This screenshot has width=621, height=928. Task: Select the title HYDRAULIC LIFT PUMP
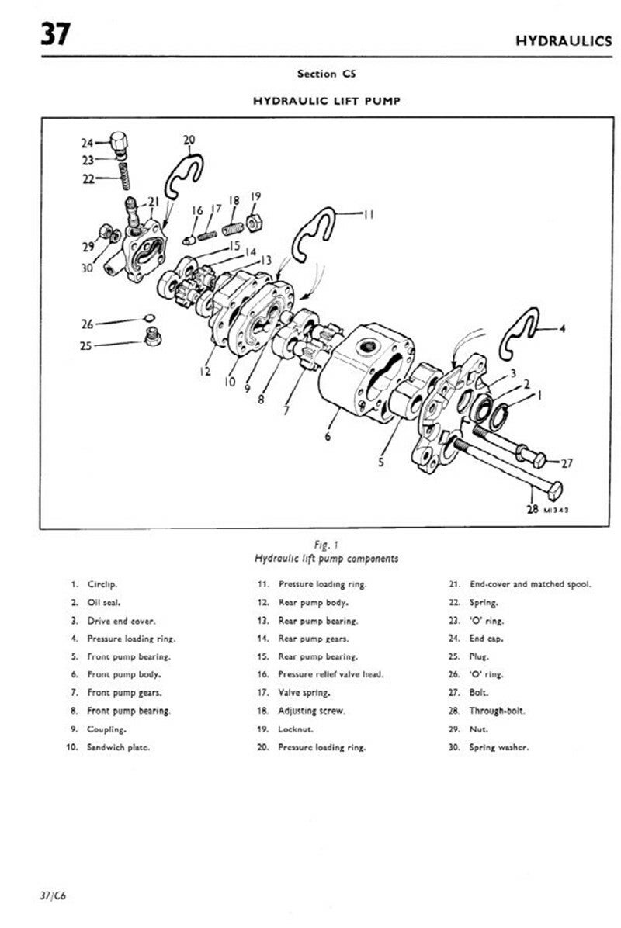click(x=326, y=101)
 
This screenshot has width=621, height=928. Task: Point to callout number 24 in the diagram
click(x=87, y=143)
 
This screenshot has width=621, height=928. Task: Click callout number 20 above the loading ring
click(x=189, y=140)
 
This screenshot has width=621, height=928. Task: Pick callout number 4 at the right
click(x=562, y=329)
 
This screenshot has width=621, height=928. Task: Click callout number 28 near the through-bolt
click(x=532, y=510)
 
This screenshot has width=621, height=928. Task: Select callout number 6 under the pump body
click(x=328, y=437)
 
